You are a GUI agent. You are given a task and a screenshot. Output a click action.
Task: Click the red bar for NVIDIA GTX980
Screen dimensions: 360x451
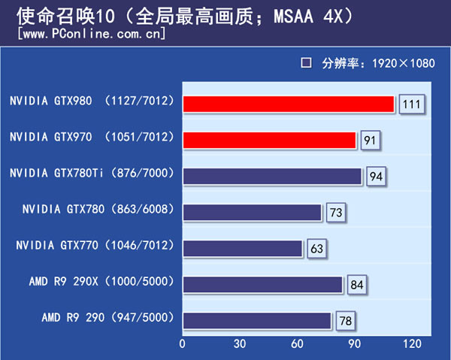pyautogui.click(x=288, y=104)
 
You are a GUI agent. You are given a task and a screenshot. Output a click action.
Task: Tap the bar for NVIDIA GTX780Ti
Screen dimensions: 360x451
pyautogui.click(x=272, y=176)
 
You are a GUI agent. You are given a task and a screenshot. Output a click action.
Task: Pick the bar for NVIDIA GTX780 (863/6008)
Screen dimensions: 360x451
pyautogui.click(x=252, y=213)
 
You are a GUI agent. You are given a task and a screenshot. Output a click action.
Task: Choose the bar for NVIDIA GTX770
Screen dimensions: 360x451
pyautogui.click(x=242, y=248)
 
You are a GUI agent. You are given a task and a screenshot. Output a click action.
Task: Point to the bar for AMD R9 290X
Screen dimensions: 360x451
pyautogui.click(x=262, y=284)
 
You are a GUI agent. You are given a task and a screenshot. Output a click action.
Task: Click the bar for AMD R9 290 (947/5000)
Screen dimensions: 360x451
pyautogui.click(x=256, y=320)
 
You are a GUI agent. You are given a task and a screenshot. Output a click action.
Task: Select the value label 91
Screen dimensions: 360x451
pyautogui.click(x=370, y=141)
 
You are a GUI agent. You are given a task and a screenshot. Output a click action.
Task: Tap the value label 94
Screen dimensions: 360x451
pyautogui.click(x=376, y=177)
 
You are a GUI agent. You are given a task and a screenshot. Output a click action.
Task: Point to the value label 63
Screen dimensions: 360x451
pyautogui.click(x=316, y=249)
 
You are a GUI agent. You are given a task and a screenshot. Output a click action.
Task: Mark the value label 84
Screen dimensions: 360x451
pyautogui.click(x=357, y=285)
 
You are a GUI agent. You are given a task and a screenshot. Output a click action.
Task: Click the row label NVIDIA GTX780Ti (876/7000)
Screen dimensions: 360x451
pyautogui.click(x=92, y=174)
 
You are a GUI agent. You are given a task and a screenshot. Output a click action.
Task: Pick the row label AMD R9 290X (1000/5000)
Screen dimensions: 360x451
pyautogui.click(x=102, y=282)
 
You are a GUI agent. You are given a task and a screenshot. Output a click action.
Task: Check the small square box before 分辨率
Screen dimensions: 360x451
pyautogui.click(x=306, y=63)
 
